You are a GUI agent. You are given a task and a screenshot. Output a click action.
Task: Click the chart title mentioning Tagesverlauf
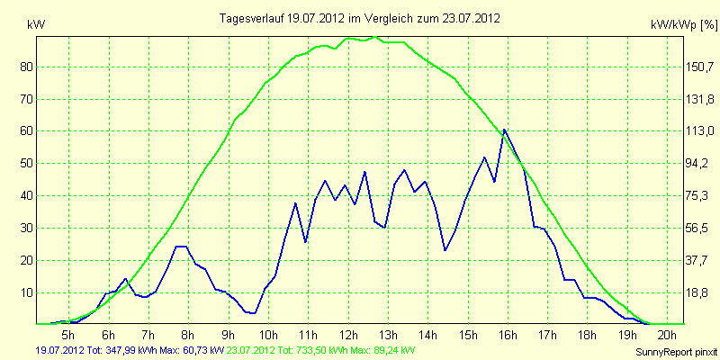click(x=359, y=18)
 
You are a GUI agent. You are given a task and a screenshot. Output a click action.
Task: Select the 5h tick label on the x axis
click(x=68, y=334)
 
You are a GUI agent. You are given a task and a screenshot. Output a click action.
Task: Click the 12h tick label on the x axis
click(x=348, y=334)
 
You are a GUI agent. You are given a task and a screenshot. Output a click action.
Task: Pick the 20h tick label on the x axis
click(x=668, y=334)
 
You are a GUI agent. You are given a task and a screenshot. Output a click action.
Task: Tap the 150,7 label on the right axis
click(x=700, y=67)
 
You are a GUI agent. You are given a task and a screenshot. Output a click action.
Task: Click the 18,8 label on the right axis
click(x=700, y=293)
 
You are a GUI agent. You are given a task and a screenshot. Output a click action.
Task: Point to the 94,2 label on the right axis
click(x=700, y=164)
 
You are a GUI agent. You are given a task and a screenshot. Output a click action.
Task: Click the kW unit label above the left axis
click(x=36, y=25)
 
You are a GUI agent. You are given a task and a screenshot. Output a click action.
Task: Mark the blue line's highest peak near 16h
click(x=504, y=130)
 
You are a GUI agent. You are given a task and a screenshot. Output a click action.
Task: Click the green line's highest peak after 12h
click(x=375, y=37)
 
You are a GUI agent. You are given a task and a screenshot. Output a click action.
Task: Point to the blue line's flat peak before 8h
click(x=181, y=247)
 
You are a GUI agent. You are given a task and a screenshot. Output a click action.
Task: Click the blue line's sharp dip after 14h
click(x=445, y=250)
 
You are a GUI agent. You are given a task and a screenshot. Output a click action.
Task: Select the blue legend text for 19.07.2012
click(x=130, y=351)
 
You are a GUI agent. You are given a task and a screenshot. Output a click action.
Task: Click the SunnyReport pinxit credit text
click(x=676, y=352)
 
